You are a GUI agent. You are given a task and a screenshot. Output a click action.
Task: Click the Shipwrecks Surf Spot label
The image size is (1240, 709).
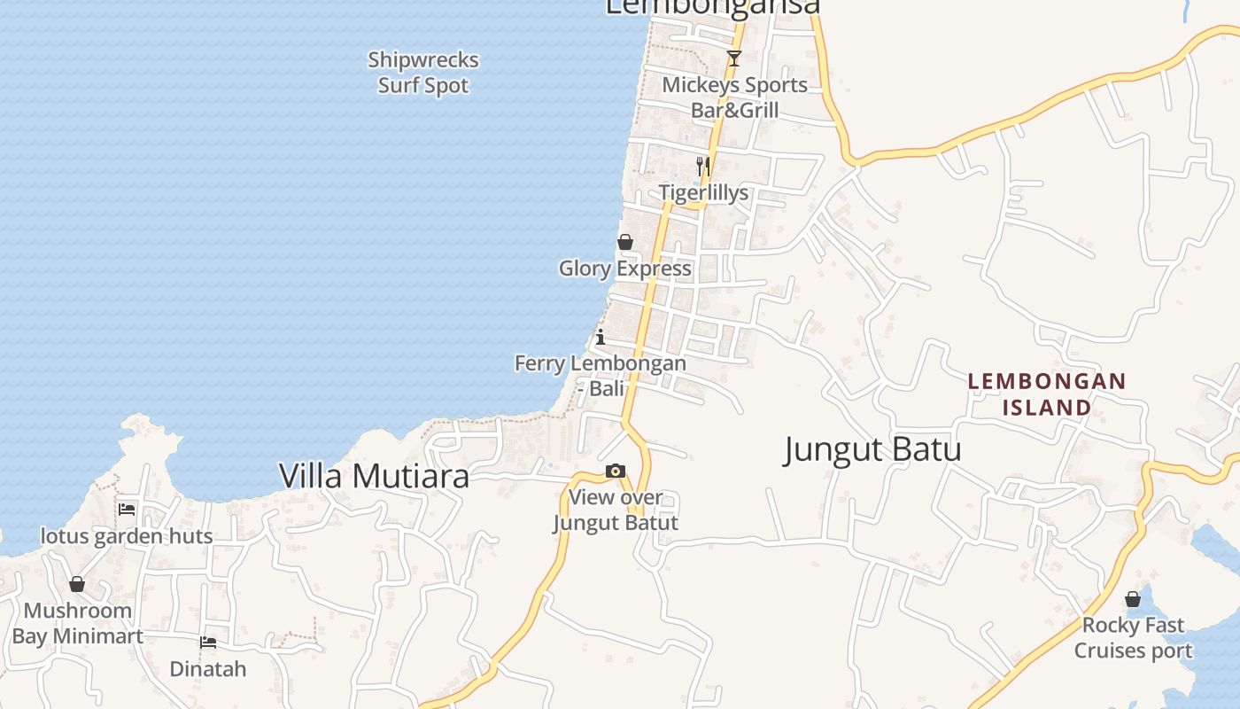click(423, 73)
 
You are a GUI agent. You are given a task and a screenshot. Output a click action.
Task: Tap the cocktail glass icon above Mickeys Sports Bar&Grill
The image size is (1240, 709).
click(733, 58)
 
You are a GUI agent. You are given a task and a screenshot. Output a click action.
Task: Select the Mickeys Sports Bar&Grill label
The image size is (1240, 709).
click(735, 97)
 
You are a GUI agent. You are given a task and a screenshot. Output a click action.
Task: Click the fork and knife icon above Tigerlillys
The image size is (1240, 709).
click(703, 166)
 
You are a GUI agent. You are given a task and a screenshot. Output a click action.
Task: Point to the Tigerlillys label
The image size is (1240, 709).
click(703, 193)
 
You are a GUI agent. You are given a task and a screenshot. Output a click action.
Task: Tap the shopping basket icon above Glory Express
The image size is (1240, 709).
click(625, 242)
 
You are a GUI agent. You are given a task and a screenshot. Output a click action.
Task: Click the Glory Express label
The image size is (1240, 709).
click(625, 269)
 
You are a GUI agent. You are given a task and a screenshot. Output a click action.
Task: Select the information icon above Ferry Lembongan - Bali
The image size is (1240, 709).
click(601, 337)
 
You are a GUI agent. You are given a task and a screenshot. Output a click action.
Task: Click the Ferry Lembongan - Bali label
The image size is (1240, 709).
click(601, 375)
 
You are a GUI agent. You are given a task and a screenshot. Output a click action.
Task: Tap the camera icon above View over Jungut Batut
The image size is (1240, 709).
click(616, 471)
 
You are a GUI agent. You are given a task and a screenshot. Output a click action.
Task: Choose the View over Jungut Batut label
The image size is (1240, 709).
click(616, 510)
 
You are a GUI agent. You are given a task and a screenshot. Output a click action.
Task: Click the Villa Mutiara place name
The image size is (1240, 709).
click(374, 476)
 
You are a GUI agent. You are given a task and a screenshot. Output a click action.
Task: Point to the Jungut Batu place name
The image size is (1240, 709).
click(872, 449)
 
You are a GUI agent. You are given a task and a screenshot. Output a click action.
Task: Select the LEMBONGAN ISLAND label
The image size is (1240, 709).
click(1047, 394)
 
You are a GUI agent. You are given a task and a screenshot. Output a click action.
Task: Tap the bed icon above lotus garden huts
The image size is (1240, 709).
click(127, 510)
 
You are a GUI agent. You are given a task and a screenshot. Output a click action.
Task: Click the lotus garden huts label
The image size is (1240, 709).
click(127, 536)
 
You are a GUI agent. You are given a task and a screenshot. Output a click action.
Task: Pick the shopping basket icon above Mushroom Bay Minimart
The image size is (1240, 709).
click(77, 584)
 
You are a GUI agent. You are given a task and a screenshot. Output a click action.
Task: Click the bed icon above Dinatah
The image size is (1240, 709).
click(208, 643)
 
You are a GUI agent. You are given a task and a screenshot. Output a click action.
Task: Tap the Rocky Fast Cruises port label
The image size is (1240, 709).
click(1133, 638)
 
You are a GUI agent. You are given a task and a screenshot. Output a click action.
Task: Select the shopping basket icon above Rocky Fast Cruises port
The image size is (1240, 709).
click(1133, 599)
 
